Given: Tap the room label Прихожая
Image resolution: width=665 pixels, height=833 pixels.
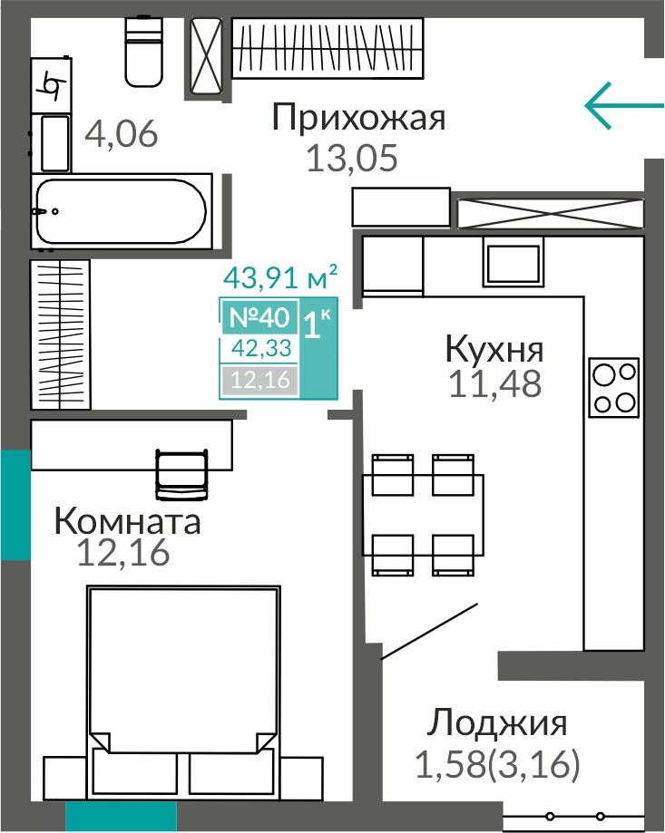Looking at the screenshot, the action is click(x=358, y=118).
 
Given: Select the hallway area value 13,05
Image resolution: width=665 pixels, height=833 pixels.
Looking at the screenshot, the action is click(x=352, y=158).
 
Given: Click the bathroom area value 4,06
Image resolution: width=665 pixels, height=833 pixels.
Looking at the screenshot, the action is click(x=122, y=133).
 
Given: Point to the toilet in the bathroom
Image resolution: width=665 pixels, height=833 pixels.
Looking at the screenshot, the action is click(x=143, y=51).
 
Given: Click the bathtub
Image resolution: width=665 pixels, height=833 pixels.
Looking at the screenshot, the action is click(x=122, y=211).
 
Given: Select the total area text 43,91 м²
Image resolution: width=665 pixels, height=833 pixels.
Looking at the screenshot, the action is click(x=280, y=276).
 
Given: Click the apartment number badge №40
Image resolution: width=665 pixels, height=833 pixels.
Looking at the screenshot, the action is click(x=259, y=317).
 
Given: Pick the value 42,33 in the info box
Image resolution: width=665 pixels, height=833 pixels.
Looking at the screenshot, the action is click(x=261, y=348).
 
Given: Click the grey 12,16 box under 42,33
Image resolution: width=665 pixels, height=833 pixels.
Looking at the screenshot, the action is click(x=260, y=380).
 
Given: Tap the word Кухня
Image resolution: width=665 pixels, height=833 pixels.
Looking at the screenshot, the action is click(x=494, y=349).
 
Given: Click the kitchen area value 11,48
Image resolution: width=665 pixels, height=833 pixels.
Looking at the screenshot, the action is click(x=495, y=383).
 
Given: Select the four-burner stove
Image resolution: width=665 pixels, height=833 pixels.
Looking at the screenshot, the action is click(x=613, y=387).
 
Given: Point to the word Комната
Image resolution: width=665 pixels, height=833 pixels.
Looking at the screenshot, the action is click(x=128, y=521).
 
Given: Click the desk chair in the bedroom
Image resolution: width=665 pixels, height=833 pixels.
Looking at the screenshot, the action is click(x=181, y=474).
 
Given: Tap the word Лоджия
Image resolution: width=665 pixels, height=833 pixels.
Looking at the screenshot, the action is click(x=497, y=723).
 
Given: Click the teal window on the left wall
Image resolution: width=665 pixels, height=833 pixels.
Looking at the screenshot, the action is click(x=15, y=504).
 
